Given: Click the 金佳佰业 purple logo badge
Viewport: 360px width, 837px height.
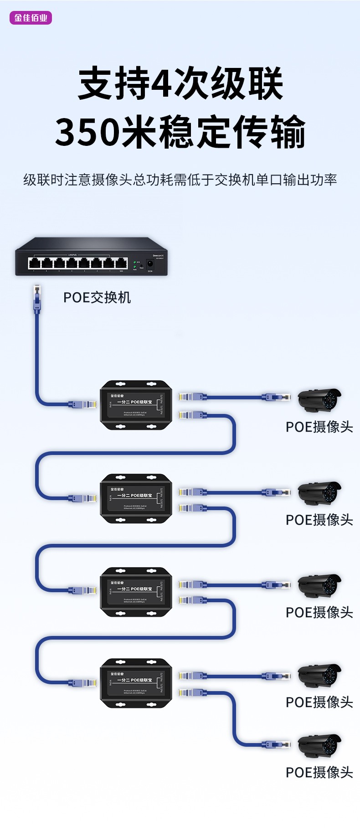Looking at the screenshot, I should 31,18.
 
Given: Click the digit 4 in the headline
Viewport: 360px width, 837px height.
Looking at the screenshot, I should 163,83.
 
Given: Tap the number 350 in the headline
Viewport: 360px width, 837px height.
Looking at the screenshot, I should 88,132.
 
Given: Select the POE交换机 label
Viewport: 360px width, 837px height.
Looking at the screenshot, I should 97,297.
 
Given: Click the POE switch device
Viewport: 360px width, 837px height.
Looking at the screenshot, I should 91,257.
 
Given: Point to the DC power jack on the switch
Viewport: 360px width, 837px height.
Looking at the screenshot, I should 149,264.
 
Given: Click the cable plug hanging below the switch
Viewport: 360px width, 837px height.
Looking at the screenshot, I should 37,299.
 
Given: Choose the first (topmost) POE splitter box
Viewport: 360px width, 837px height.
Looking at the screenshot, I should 136,405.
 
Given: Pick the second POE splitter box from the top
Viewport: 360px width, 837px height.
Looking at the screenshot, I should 136,498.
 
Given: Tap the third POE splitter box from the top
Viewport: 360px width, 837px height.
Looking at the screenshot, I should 136,592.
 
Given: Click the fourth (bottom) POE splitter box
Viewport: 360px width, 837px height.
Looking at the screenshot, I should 136,683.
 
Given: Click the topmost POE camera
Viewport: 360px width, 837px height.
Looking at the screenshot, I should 319,400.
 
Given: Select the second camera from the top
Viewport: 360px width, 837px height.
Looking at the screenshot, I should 319,493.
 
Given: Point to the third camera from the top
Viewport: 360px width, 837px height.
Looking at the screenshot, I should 319,585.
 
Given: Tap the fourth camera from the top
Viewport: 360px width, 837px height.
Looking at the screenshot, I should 319,676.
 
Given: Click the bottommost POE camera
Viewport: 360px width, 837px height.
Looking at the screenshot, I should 319,745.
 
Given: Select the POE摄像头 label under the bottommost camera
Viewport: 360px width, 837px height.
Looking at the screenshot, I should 319,772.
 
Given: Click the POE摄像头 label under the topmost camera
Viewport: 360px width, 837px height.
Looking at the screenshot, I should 319,427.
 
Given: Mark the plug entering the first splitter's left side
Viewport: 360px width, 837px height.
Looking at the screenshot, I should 83,404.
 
